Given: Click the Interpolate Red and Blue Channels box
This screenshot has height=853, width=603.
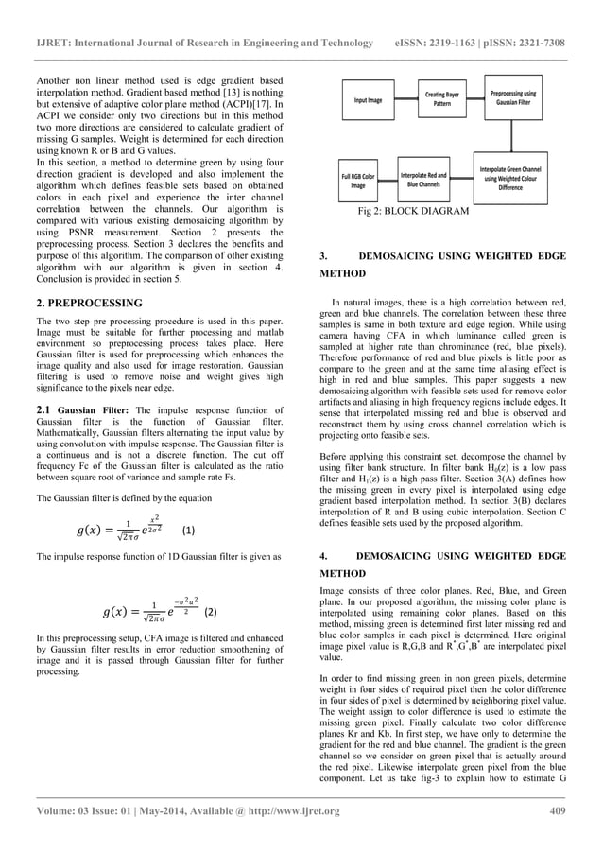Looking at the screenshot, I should point(427,180).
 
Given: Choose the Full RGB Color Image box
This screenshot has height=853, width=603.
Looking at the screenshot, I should point(358,180).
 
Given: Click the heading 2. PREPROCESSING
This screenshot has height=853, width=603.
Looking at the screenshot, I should point(88,303).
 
